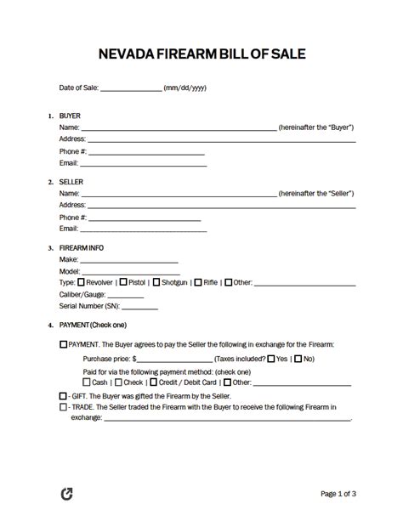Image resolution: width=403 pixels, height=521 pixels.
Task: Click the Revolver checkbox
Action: pos(81,281)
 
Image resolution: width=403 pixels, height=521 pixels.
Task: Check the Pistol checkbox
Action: pos(124,281)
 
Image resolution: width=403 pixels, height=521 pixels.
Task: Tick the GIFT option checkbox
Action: pos(64,396)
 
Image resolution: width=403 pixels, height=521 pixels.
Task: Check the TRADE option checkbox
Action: pos(64,407)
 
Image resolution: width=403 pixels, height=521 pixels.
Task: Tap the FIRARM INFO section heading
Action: pos(82,247)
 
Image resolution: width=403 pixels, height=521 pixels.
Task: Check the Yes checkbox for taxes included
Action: pos(270,359)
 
